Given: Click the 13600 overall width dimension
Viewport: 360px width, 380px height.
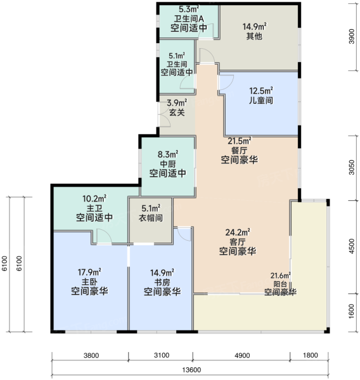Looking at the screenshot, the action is pyautogui.click(x=191, y=370).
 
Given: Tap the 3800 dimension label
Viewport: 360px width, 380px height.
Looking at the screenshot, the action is pyautogui.click(x=91, y=355).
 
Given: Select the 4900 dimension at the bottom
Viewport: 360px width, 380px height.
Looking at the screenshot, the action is pyautogui.click(x=242, y=355).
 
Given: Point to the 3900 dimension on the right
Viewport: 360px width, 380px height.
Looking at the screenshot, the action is pyautogui.click(x=352, y=36).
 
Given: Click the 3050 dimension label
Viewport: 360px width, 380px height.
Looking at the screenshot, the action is pyautogui.click(x=352, y=167).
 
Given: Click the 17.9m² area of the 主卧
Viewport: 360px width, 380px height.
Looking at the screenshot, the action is pyautogui.click(x=89, y=272).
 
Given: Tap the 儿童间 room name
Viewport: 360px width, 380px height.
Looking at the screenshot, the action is pyautogui.click(x=261, y=100).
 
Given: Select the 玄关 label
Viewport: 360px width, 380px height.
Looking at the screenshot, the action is pyautogui.click(x=177, y=113).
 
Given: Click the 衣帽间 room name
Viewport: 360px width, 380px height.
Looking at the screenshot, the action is pyautogui.click(x=151, y=218).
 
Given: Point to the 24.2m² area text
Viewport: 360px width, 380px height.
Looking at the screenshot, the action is pyautogui.click(x=238, y=232).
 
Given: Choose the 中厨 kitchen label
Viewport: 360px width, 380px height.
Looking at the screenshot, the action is pyautogui.click(x=167, y=164).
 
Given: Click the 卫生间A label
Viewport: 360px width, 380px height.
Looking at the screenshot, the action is pyautogui.click(x=189, y=19).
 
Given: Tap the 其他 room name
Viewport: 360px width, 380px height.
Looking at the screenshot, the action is pyautogui.click(x=254, y=36).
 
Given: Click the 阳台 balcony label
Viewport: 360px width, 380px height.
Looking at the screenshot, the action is pyautogui.click(x=280, y=284).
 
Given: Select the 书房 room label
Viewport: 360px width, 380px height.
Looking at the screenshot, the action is pyautogui.click(x=162, y=282).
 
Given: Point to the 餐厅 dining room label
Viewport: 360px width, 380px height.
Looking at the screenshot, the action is pyautogui.click(x=239, y=151).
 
